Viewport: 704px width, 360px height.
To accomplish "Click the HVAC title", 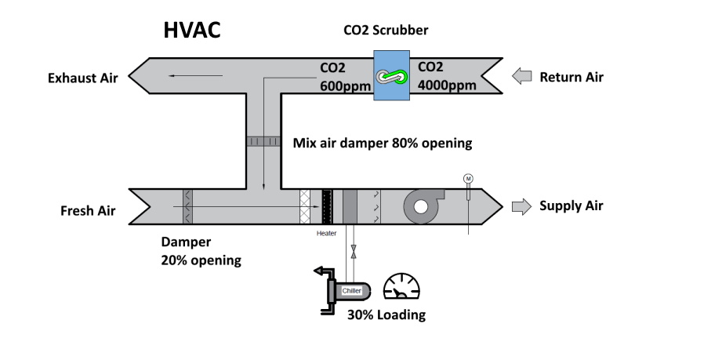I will (x=191, y=31).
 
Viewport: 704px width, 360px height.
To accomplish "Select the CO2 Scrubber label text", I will (x=386, y=31).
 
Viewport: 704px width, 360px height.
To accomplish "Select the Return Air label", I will (x=572, y=77).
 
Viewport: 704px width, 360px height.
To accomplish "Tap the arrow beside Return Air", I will (x=521, y=77).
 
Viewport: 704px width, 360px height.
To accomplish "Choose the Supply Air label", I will (x=572, y=206).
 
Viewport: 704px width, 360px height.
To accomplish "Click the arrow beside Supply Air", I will (x=521, y=206).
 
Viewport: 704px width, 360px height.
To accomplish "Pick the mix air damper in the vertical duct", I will (x=263, y=141).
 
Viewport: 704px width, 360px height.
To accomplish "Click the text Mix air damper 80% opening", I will (x=382, y=144).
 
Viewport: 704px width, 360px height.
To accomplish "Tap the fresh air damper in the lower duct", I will (x=187, y=207).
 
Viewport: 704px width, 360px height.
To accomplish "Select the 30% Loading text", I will (x=386, y=315).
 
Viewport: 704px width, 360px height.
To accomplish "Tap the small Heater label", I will (x=326, y=234).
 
